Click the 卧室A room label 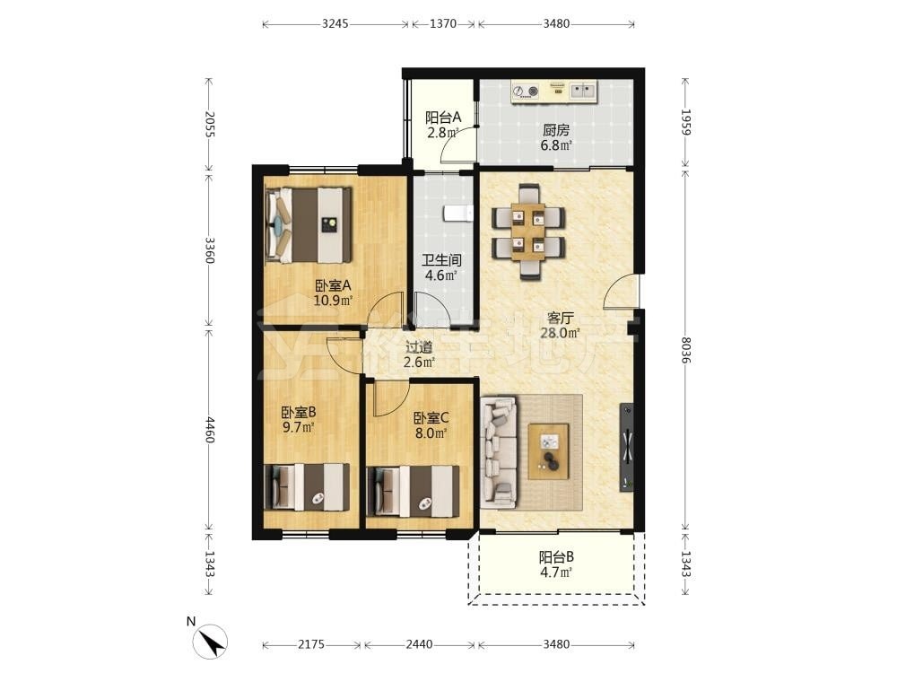(x=333, y=285)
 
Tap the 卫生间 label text (x=441, y=260)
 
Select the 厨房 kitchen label (x=556, y=130)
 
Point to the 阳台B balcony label (x=556, y=557)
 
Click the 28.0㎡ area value (x=560, y=333)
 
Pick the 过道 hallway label (x=419, y=347)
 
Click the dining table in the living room (x=528, y=232)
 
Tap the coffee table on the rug (x=549, y=451)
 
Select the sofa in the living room (x=499, y=452)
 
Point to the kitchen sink (x=583, y=91)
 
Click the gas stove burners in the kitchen (x=526, y=91)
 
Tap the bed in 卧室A (x=309, y=225)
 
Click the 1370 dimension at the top (x=443, y=23)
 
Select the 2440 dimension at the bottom (x=419, y=644)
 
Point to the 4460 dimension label (x=209, y=429)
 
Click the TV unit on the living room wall (x=627, y=447)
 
